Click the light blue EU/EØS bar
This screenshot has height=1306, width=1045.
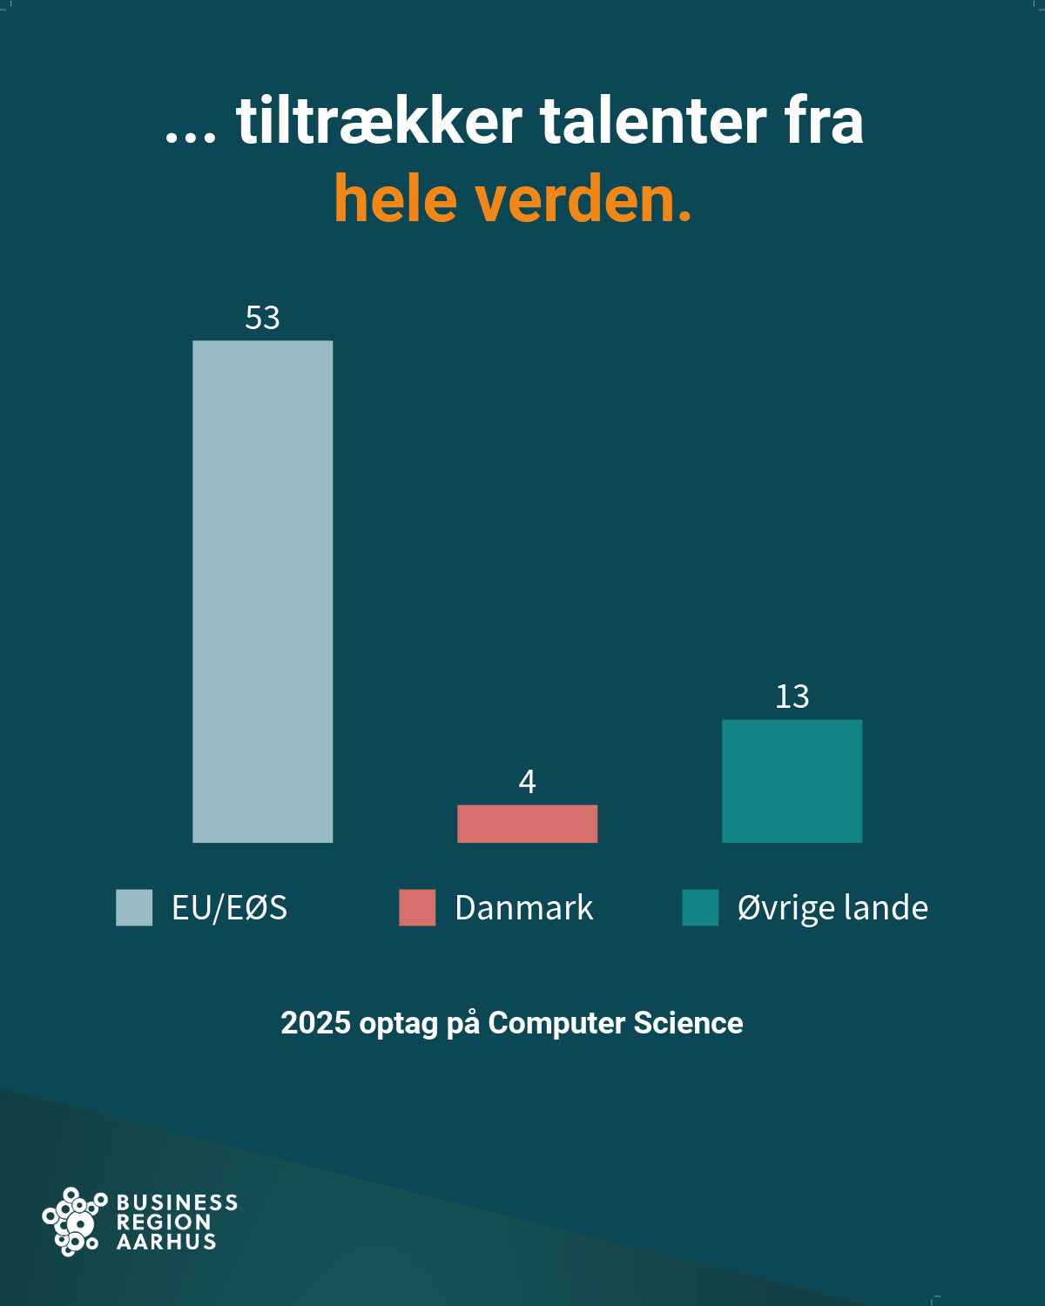coord(262,591)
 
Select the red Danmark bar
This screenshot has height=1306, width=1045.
coord(527,824)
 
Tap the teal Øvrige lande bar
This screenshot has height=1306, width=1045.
coord(792,781)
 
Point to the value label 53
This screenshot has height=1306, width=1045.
coord(262,318)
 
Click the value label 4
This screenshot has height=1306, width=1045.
coord(527,782)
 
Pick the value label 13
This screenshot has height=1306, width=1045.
coord(792,697)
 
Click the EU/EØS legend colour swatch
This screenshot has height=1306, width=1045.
coord(134,907)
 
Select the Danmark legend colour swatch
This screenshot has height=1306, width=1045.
coord(417,907)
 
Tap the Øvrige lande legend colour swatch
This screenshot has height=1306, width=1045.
coord(700,907)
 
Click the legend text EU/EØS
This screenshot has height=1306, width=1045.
coord(229,907)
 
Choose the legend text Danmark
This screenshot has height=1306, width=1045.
coord(523,907)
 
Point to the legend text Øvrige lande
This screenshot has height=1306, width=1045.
coord(833,907)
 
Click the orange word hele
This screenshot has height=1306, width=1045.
coord(395,199)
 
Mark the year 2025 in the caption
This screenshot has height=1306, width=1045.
coord(315,1023)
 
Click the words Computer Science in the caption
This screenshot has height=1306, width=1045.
coord(615,1023)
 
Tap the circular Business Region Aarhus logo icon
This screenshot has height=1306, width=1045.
coord(73,1222)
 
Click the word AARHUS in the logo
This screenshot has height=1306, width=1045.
coord(166,1242)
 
